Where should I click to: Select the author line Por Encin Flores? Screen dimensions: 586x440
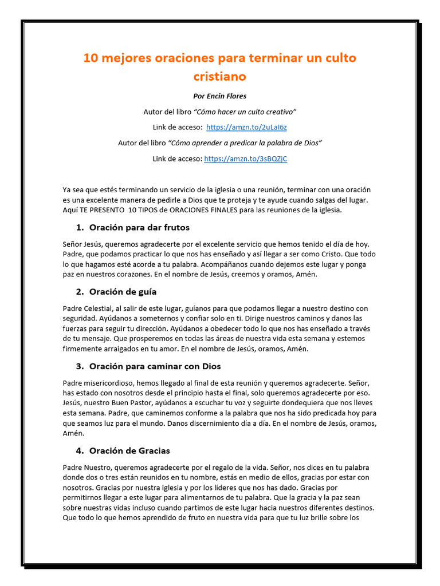pos(220,96)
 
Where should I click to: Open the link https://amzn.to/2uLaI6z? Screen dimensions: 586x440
pos(242,127)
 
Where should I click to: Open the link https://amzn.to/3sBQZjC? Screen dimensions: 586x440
pos(245,159)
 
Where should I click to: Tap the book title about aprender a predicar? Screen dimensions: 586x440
pos(245,142)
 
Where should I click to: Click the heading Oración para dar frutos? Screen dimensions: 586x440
pos(141,228)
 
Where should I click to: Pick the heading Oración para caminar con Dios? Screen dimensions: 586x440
pos(155,366)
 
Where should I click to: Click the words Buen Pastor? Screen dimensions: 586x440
pos(131,403)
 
